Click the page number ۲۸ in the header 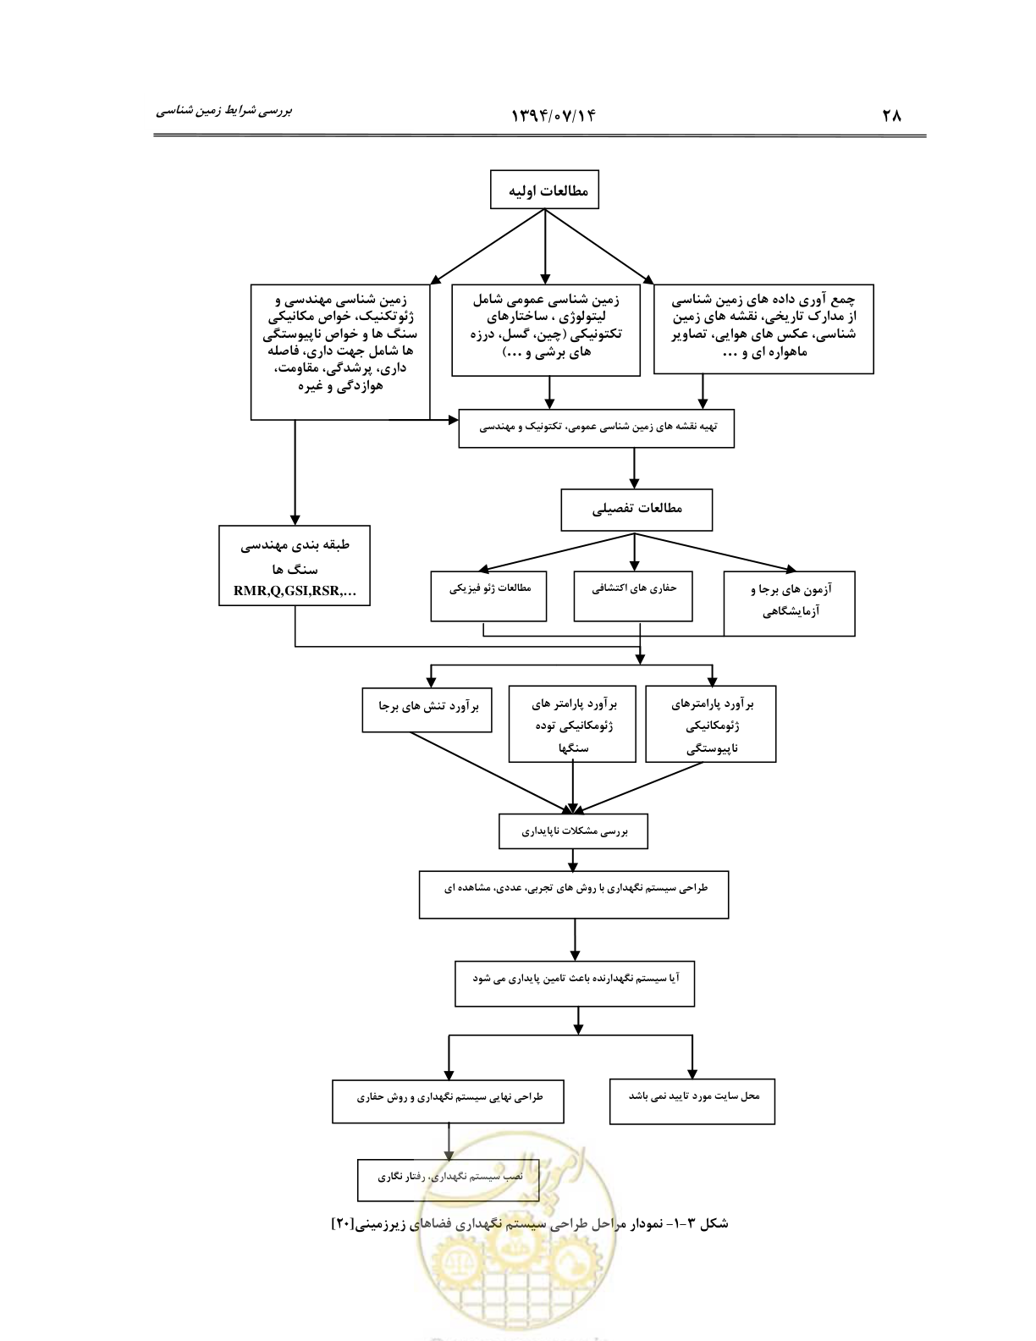[891, 115]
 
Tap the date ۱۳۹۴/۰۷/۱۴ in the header [553, 115]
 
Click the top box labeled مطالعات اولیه [544, 190]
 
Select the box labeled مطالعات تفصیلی [636, 510]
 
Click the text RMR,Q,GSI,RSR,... [295, 591]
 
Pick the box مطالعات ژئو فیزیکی [488, 595]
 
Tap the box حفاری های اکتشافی [632, 595]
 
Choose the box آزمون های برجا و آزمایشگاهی [789, 604]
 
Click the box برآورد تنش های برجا [427, 709]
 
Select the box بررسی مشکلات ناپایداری [573, 831]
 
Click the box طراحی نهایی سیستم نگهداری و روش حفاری [448, 1101]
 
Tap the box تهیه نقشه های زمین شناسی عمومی [596, 428]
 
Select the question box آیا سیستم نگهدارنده [575, 984]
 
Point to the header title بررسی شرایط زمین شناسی [223, 112]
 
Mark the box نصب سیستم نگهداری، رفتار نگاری [448, 1180]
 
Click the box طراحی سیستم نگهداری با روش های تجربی [574, 895]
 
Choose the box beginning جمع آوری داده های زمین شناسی [764, 329]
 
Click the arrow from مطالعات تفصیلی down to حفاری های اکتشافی [635, 552]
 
